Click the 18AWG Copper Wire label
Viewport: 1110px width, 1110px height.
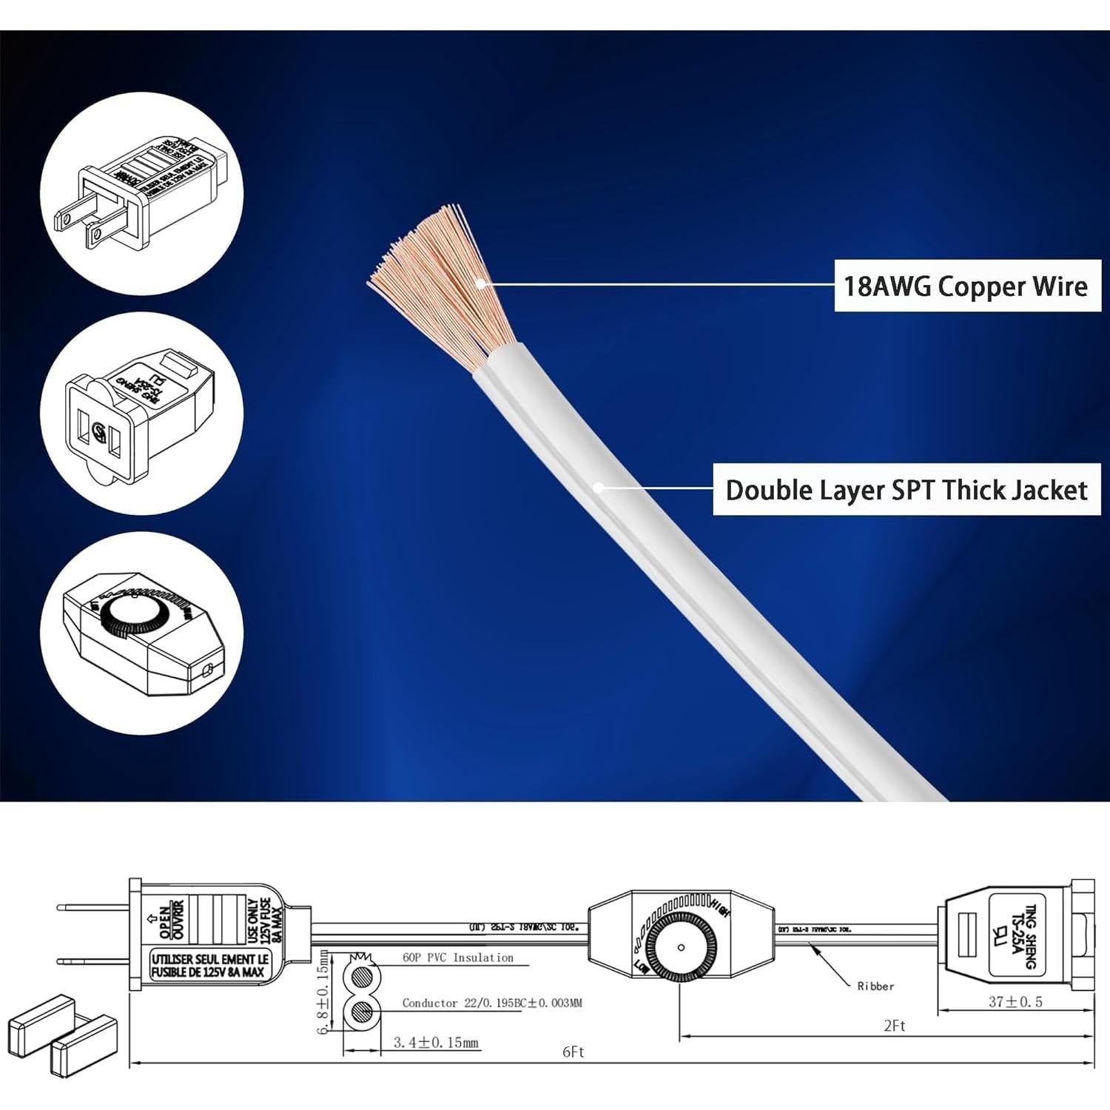tap(966, 286)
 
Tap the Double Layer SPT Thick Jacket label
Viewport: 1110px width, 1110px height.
tap(906, 490)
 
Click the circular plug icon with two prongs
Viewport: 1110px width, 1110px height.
tap(141, 195)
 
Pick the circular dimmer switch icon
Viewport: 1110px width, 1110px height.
tap(141, 633)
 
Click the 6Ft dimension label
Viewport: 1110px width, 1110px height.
tap(573, 1052)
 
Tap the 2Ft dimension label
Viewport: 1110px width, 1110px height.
tap(894, 1026)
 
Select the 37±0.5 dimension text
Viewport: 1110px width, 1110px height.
tap(1015, 1002)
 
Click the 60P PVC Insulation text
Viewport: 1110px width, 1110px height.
tap(457, 958)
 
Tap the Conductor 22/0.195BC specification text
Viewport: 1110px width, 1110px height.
tap(492, 1003)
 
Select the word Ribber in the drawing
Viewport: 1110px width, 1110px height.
tap(875, 986)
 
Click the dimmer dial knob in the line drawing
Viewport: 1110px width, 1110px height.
tap(681, 947)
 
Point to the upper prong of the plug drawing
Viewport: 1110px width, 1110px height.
tap(92, 907)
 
